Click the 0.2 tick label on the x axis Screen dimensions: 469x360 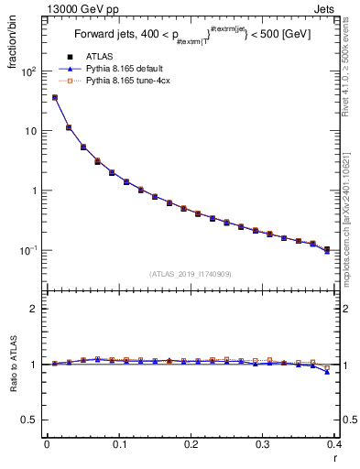tap(191, 445)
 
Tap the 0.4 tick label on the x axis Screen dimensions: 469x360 tap(334, 445)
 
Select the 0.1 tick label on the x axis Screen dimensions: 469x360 tap(119, 445)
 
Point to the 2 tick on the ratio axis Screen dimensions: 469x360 tap(34, 309)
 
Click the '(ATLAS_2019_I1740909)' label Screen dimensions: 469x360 tap(191, 274)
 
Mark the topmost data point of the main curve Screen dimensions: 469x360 tap(55, 97)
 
